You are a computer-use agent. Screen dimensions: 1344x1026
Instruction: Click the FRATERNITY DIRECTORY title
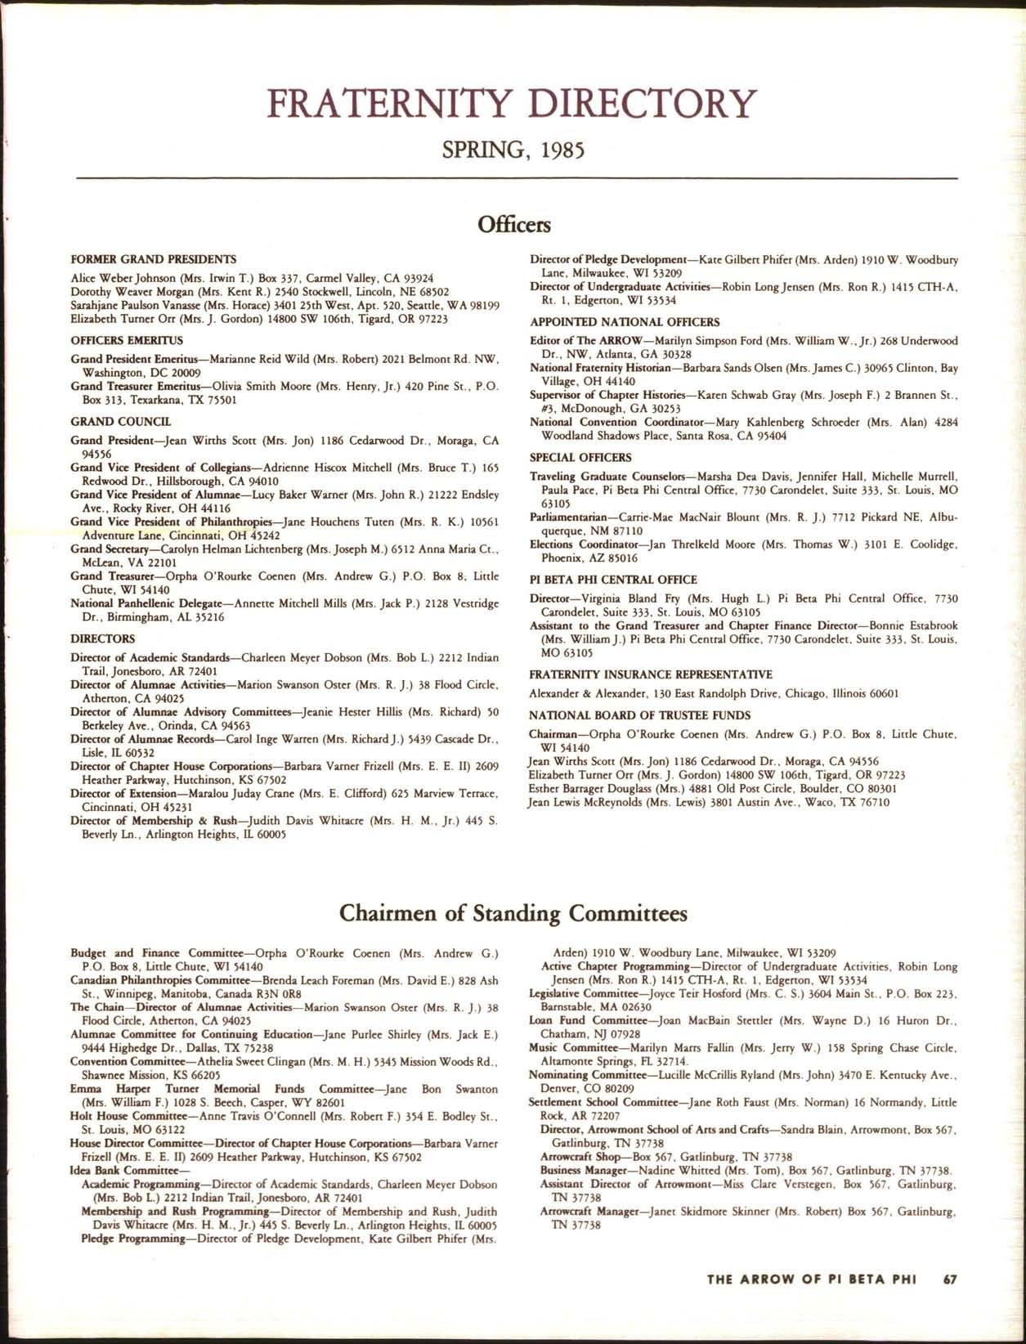point(513,105)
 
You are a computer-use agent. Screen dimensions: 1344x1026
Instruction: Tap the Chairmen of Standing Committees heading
point(513,912)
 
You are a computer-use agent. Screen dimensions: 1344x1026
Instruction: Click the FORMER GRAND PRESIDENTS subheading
point(154,258)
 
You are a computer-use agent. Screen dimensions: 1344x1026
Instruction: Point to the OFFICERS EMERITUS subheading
point(127,340)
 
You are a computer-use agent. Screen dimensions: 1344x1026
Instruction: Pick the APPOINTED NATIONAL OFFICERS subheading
point(625,322)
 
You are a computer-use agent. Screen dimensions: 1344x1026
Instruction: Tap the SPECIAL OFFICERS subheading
point(580,457)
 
